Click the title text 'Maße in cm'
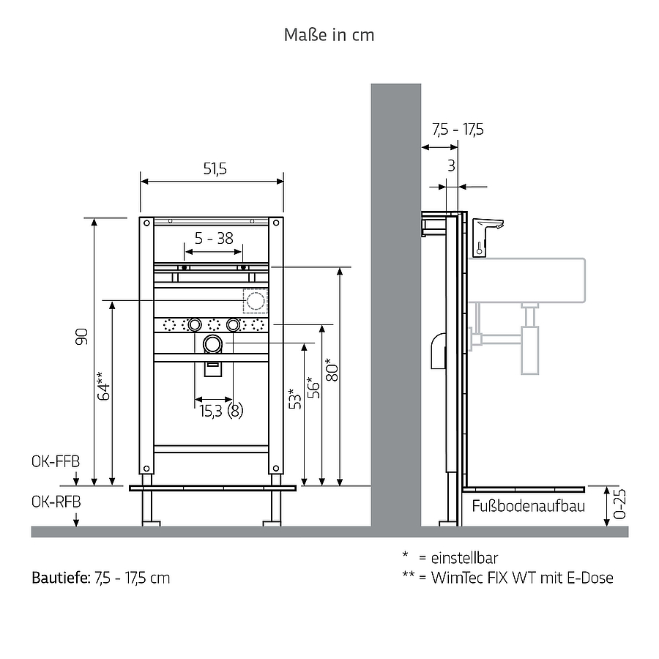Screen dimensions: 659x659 click(329, 35)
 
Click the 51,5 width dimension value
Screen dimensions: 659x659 click(215, 169)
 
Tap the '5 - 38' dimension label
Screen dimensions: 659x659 click(214, 238)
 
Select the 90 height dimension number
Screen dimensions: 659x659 click(81, 337)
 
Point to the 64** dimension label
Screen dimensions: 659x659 click(103, 386)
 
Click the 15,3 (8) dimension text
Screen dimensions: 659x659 click(221, 411)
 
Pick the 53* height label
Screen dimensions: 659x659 click(295, 398)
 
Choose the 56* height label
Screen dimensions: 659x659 click(313, 387)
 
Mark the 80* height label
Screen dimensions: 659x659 click(332, 370)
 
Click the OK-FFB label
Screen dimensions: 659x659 click(56, 461)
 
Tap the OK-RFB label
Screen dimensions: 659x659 click(56, 502)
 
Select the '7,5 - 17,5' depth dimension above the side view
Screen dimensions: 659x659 click(458, 130)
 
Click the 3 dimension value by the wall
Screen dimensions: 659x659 click(451, 166)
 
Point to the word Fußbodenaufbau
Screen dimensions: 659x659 click(528, 506)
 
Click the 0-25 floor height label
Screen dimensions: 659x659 click(620, 504)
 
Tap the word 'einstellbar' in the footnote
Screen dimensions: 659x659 click(464, 558)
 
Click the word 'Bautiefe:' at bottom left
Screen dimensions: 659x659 click(61, 578)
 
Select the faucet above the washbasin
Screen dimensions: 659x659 click(488, 237)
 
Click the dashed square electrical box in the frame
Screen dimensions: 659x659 click(255, 301)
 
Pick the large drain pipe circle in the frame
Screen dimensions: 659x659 click(212, 345)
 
